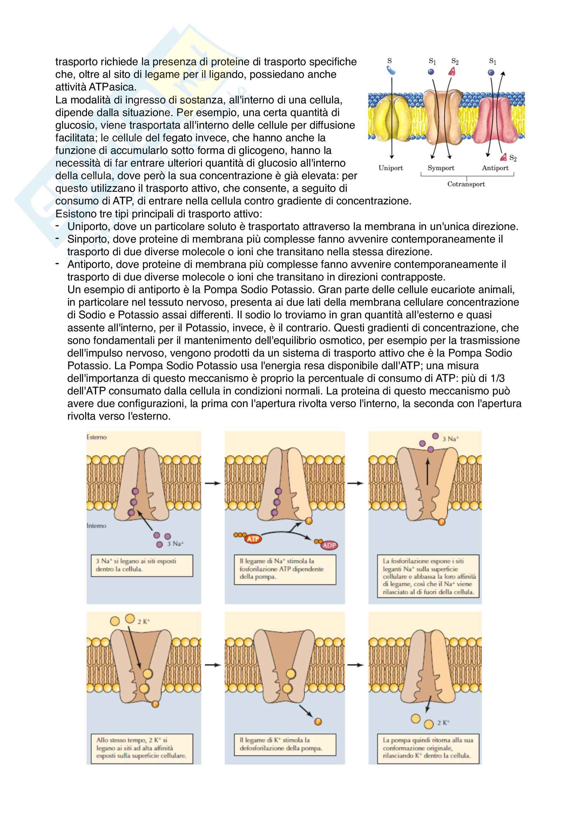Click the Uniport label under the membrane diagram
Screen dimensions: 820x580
(x=390, y=168)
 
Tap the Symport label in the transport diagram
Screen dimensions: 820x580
(x=441, y=168)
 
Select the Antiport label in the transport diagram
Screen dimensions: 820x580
(x=495, y=168)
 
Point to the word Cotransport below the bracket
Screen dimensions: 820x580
(x=466, y=184)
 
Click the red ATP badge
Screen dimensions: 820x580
(x=253, y=539)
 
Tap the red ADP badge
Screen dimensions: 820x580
(x=329, y=545)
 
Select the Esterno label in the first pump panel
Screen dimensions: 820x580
(x=97, y=437)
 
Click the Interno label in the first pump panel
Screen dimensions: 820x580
(x=96, y=526)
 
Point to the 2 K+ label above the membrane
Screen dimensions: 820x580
(x=143, y=622)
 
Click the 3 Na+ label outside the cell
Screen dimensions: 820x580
(x=450, y=439)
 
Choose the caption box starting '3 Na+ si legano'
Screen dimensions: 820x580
(x=142, y=565)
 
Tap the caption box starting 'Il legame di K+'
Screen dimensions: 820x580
(x=285, y=745)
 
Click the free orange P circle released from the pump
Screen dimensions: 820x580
(x=318, y=722)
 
